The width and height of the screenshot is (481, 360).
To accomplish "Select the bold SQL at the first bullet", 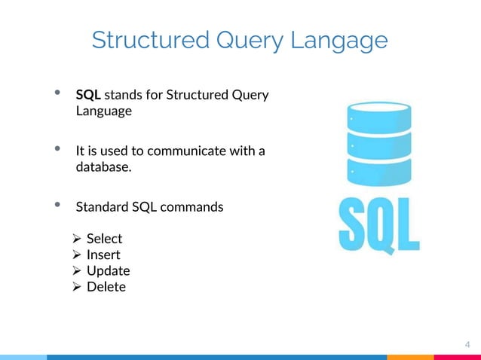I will pyautogui.click(x=88, y=95).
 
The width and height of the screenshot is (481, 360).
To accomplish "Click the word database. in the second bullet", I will pyautogui.click(x=103, y=166).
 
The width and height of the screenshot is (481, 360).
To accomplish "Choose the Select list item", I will pyautogui.click(x=104, y=239).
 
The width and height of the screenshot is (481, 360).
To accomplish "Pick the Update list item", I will pyautogui.click(x=108, y=270).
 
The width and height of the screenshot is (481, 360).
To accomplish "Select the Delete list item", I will pyautogui.click(x=106, y=287).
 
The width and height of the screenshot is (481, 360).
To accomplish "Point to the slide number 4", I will pyautogui.click(x=467, y=345).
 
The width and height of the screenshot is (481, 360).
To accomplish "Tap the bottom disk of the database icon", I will pyautogui.click(x=378, y=170).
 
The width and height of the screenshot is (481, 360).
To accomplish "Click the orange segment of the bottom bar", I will pyautogui.click(x=410, y=357).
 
